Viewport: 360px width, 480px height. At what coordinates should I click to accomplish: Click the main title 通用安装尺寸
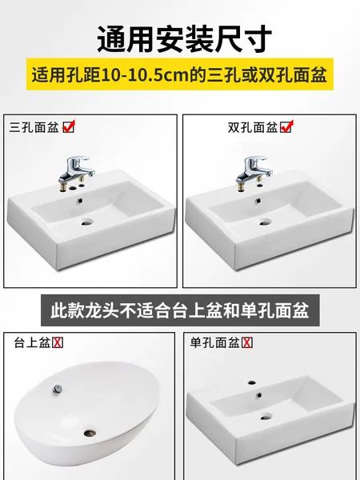[185, 39]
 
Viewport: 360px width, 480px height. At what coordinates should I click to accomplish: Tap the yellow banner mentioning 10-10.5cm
[180, 74]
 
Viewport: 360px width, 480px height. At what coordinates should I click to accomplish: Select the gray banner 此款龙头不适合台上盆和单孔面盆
[180, 310]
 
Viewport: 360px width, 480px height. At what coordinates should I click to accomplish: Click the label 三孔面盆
[34, 127]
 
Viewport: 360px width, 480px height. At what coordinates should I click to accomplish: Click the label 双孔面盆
[253, 127]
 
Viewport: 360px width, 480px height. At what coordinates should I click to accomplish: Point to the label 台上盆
[32, 342]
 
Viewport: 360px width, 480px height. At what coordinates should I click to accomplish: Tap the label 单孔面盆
[214, 342]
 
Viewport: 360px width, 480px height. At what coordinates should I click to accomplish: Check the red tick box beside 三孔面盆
[69, 126]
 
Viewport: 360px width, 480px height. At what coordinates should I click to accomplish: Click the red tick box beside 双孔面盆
[287, 126]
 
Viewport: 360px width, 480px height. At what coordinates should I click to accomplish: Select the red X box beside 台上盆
[58, 342]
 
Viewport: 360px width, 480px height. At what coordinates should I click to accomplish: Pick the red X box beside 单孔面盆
[247, 342]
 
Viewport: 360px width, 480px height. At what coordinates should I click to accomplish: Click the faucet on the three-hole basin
[77, 171]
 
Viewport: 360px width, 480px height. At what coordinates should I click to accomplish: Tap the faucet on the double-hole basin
[254, 171]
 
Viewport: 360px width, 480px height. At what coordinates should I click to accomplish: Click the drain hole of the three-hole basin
[86, 222]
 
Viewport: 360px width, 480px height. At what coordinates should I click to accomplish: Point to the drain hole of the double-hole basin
[266, 222]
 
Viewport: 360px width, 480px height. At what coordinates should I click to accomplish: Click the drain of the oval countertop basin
[90, 433]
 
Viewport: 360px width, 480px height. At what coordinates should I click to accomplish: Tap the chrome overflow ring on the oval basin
[57, 389]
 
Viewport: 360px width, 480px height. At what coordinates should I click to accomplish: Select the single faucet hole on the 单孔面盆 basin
[252, 382]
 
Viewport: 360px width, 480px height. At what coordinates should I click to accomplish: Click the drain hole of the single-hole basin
[266, 416]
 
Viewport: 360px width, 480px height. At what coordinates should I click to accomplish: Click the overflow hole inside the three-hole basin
[80, 201]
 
